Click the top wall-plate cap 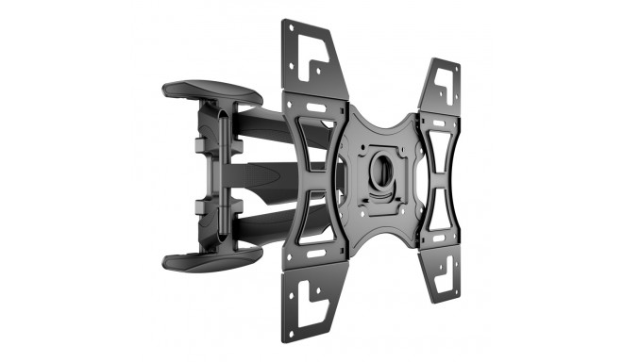pos(212,91)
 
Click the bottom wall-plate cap pos(212,259)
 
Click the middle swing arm pos(283,177)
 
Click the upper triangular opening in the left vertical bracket pos(311,138)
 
